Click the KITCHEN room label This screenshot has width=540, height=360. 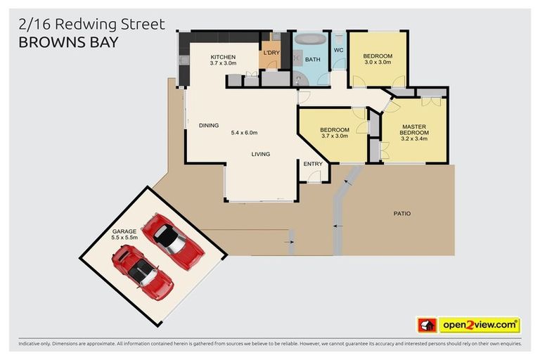[223, 57]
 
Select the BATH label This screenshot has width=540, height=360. [313, 60]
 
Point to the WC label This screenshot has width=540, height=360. [338, 50]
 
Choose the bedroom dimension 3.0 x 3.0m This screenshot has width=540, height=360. [378, 63]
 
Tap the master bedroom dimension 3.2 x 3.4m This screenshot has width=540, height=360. [414, 139]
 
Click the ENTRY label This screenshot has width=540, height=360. [313, 165]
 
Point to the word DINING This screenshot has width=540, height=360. [209, 126]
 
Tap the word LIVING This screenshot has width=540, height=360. [261, 155]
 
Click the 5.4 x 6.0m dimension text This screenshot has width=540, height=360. [245, 132]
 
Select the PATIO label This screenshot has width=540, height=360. [402, 214]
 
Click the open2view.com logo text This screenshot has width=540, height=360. [479, 325]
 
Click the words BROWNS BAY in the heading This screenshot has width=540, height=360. [68, 41]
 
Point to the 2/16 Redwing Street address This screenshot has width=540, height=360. [91, 25]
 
